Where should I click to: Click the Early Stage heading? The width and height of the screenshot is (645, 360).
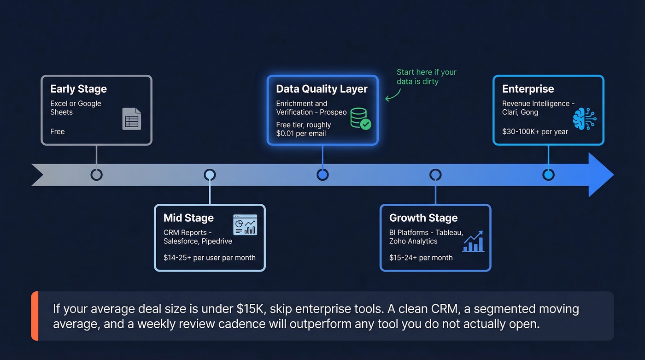[x=78, y=89]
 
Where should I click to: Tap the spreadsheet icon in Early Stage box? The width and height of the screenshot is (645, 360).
[x=132, y=118]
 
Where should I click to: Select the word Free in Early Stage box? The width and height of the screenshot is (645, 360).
[x=58, y=132]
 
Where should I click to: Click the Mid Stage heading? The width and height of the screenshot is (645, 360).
[x=188, y=218]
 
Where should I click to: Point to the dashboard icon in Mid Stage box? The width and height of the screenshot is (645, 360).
[x=245, y=225]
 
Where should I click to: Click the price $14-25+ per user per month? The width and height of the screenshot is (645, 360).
[x=209, y=258]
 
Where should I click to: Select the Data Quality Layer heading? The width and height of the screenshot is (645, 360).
[x=322, y=89]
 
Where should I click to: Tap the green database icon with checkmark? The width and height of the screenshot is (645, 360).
[x=360, y=118]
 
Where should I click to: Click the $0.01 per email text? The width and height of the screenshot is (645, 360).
[x=301, y=134]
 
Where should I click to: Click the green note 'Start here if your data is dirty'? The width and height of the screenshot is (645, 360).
[x=426, y=77]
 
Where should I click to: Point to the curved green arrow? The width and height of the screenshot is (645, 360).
[x=393, y=94]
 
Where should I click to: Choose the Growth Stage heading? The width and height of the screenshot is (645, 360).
[x=423, y=218]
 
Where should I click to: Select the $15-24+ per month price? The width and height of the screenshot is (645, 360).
[x=421, y=258]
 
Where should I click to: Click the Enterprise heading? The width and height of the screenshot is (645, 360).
[x=528, y=89]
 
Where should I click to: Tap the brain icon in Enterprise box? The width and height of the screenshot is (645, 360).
[x=584, y=118]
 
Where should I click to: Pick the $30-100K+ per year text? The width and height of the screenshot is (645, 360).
[x=535, y=132]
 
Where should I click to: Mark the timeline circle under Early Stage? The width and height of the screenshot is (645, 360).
[x=96, y=175]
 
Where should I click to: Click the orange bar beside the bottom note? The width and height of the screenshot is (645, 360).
[x=35, y=316]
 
